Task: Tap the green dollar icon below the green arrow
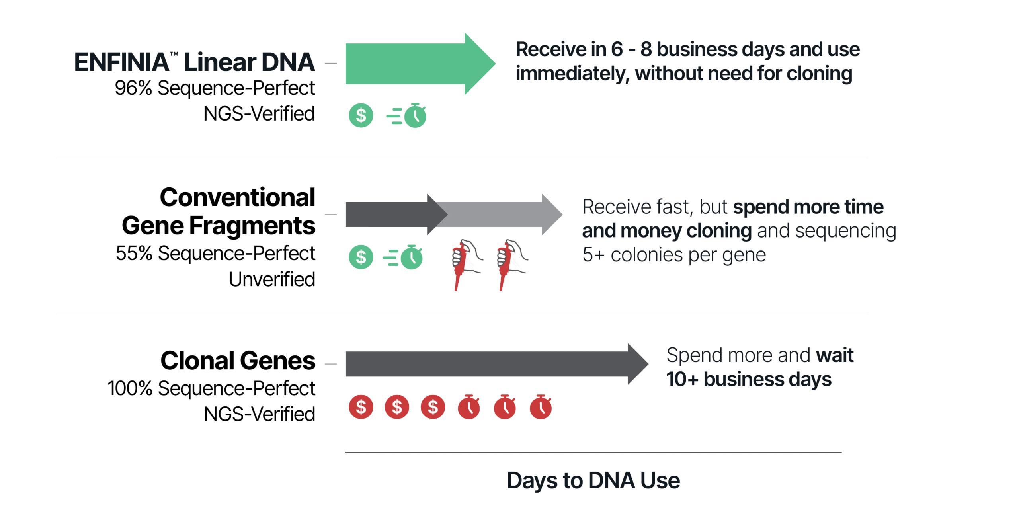[x=361, y=116]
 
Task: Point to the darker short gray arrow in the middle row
[x=390, y=215]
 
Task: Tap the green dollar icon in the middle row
[x=361, y=257]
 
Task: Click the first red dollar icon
[x=361, y=407]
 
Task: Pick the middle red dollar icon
[x=397, y=407]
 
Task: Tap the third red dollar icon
[x=433, y=407]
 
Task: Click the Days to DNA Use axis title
[x=593, y=481]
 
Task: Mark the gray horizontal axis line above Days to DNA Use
[x=593, y=452]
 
